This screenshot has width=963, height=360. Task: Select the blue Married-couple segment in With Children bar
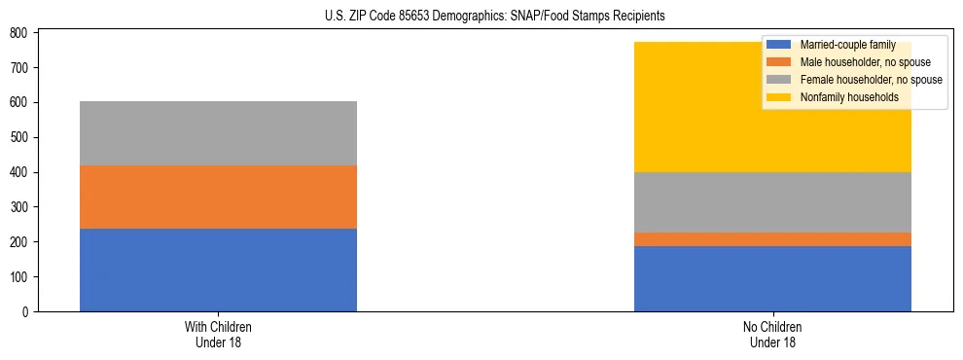[x=218, y=270]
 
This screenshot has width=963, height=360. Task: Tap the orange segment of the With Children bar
[x=218, y=197]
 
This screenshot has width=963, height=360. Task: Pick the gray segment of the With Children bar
[x=218, y=133]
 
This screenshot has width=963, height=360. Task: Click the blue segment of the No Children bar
[x=772, y=278]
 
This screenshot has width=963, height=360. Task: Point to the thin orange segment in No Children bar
[x=772, y=239]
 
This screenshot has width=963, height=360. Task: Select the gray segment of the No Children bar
[x=772, y=202]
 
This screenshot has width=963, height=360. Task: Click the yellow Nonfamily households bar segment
[x=681, y=107]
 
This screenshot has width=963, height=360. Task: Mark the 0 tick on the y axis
[x=25, y=312]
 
